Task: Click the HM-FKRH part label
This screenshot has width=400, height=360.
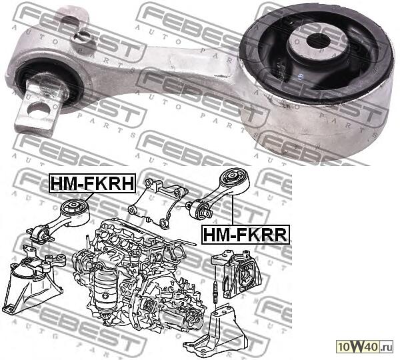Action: [x=93, y=182]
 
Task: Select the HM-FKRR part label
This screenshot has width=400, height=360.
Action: [x=244, y=234]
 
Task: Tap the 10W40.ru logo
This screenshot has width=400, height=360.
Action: [x=365, y=345]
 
